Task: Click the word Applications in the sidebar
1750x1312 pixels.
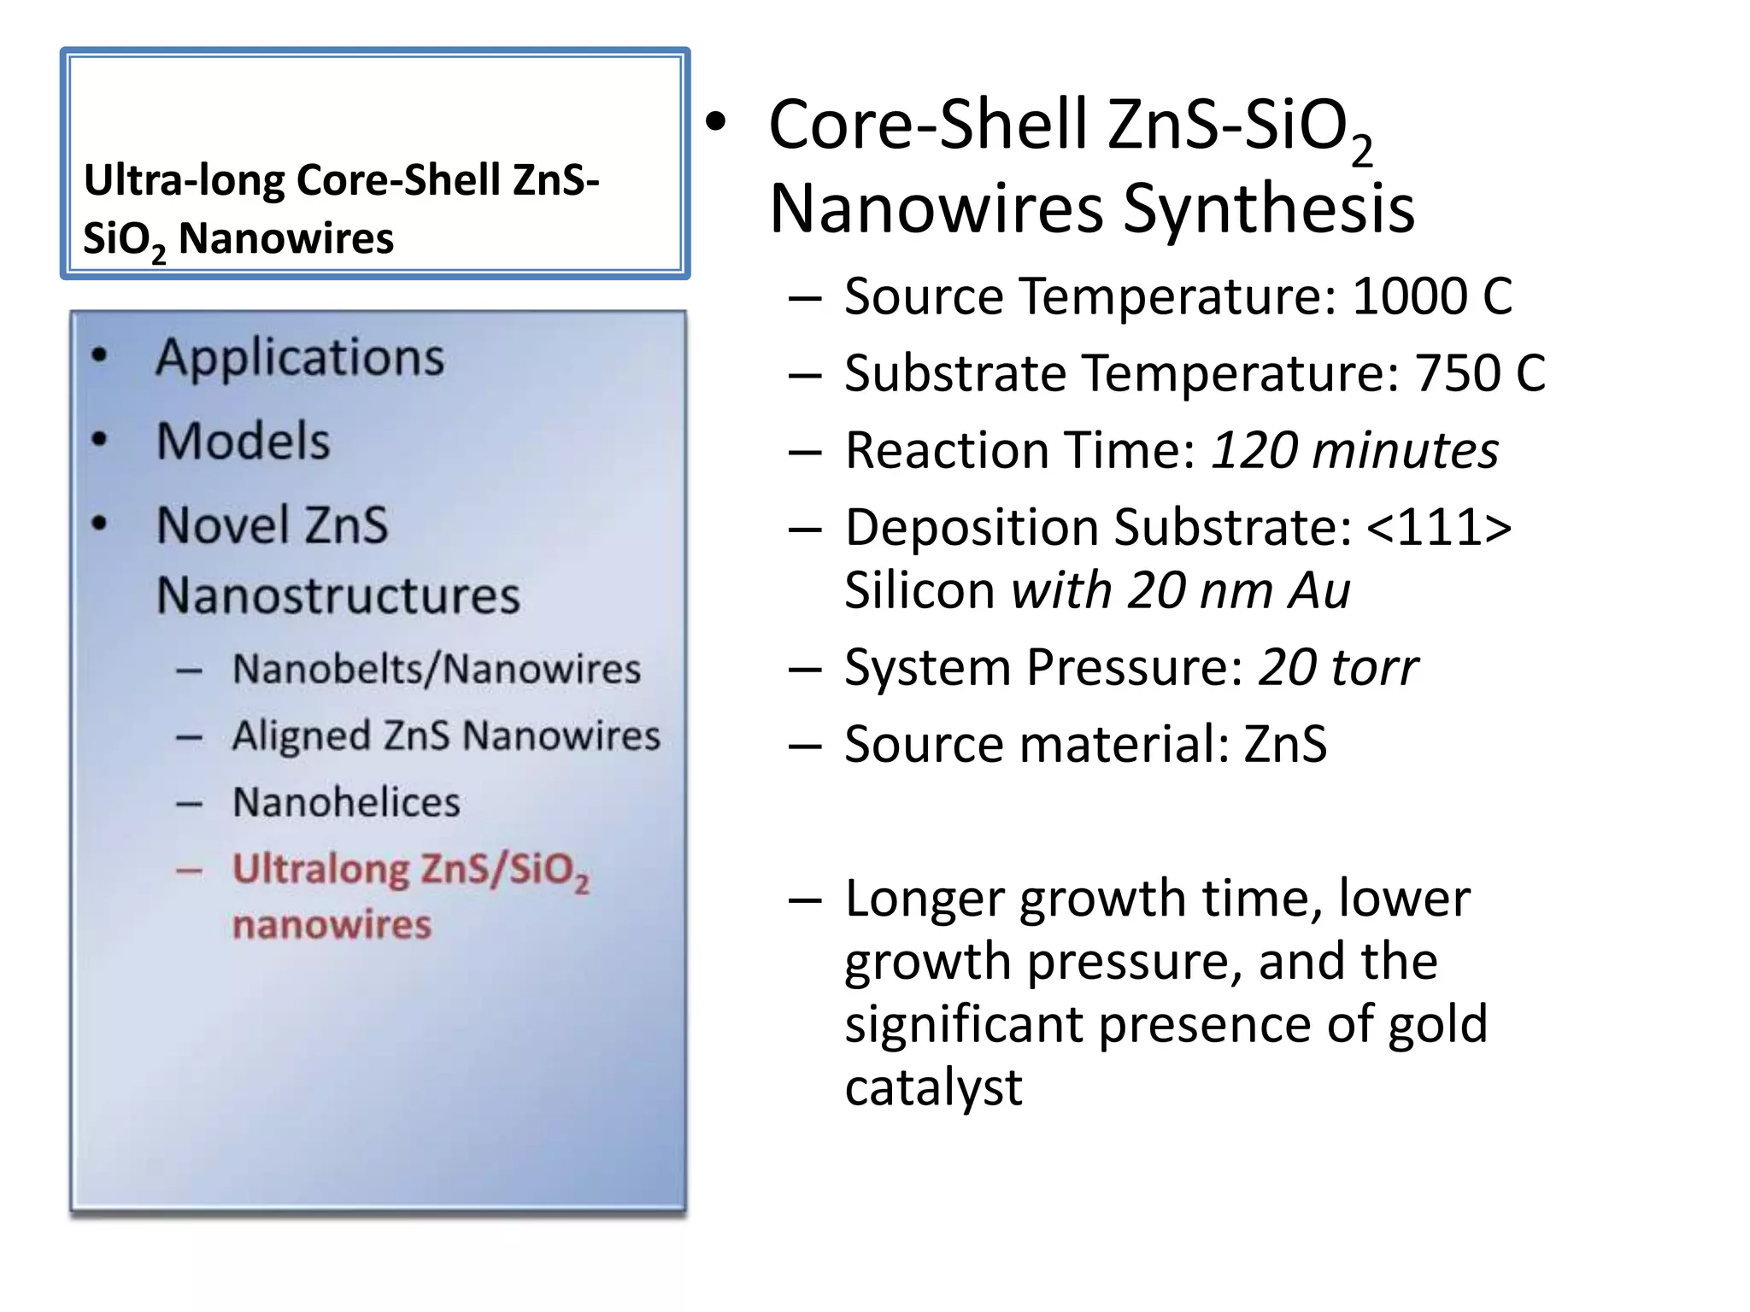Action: pyautogui.click(x=300, y=358)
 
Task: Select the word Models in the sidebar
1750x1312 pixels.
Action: pyautogui.click(x=244, y=442)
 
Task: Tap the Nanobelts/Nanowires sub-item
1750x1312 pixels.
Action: pyautogui.click(x=436, y=669)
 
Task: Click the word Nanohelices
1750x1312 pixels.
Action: pyautogui.click(x=346, y=802)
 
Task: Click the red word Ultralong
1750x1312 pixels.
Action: pyautogui.click(x=321, y=870)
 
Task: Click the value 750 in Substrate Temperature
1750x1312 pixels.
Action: pyautogui.click(x=1457, y=373)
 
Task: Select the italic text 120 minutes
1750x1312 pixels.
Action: pyautogui.click(x=1354, y=450)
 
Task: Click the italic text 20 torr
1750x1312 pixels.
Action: pyautogui.click(x=1337, y=667)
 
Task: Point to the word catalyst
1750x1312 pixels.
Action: pyautogui.click(x=933, y=1088)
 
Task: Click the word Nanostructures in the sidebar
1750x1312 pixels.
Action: pyautogui.click(x=338, y=595)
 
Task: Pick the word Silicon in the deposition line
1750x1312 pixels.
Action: pyautogui.click(x=919, y=590)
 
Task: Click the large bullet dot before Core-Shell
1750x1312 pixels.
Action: pyautogui.click(x=716, y=123)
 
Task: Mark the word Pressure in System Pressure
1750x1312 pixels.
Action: pyautogui.click(x=1134, y=667)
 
